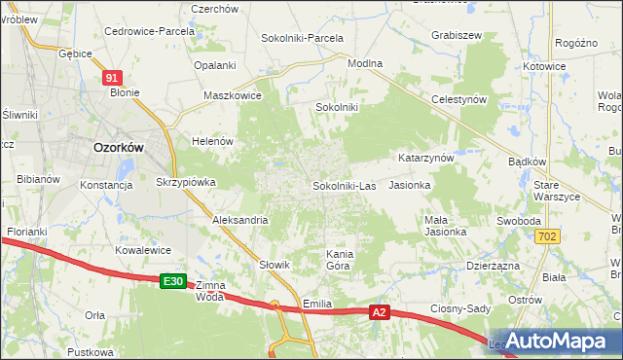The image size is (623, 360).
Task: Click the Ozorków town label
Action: [x=118, y=148]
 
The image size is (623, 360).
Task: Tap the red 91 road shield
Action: [x=113, y=78]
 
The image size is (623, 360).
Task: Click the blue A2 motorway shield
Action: [x=382, y=312]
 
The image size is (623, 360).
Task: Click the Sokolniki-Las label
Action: [x=344, y=185]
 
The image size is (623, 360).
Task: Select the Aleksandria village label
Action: [x=240, y=220]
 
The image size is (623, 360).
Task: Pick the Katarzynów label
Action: [x=426, y=158]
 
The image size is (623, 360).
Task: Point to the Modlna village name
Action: [x=365, y=63]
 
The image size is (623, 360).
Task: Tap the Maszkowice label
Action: [x=232, y=95]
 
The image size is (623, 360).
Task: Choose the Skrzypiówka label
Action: [x=186, y=182]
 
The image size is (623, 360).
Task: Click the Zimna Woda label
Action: [x=210, y=291]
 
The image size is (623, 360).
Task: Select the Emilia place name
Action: [x=318, y=304]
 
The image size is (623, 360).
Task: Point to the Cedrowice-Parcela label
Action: [x=150, y=31]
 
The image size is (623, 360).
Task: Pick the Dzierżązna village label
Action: [x=493, y=265]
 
